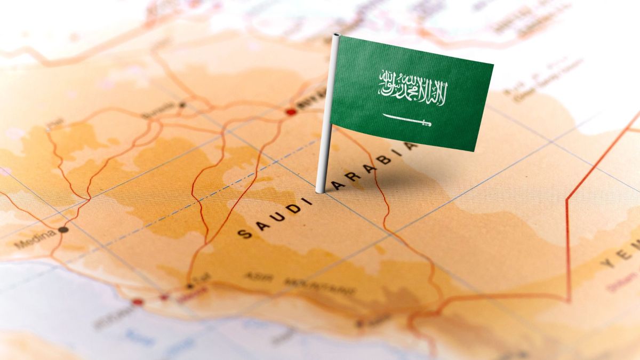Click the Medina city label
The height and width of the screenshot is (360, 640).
[34, 241]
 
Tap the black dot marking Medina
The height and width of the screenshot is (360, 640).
[63, 230]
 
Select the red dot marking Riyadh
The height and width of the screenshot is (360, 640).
[291, 112]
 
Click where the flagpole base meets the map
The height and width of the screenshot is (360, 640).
[320, 190]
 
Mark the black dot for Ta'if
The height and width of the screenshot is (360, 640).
[189, 286]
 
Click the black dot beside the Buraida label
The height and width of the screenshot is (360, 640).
[182, 105]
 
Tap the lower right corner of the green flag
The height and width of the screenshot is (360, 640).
[474, 150]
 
